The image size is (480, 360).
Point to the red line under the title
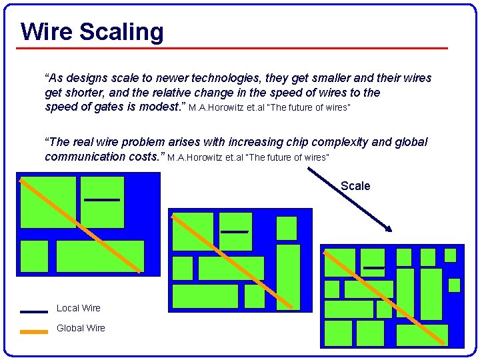click(233, 48)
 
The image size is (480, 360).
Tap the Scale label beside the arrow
click(355, 186)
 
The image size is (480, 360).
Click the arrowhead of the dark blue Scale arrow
click(389, 229)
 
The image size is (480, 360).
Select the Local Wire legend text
click(79, 308)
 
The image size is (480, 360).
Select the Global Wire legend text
click(81, 328)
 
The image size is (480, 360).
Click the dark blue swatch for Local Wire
click(33, 311)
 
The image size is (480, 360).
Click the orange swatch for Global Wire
click(33, 331)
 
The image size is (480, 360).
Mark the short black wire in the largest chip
click(101, 199)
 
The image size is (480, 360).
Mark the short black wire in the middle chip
click(234, 231)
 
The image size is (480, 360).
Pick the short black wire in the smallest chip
click(373, 267)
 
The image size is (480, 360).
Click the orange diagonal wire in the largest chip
click(80, 225)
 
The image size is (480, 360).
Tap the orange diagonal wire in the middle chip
click(231, 261)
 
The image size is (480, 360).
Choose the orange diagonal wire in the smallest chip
click(385, 296)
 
